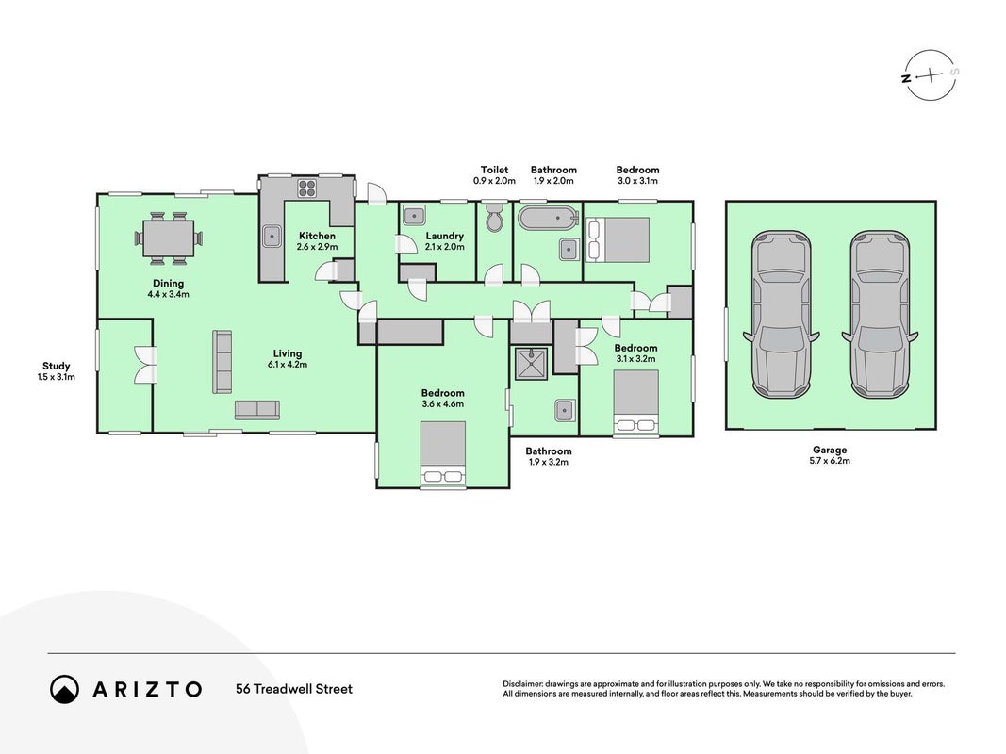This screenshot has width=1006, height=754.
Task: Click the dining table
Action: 169,238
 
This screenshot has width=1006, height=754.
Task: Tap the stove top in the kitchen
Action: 306,188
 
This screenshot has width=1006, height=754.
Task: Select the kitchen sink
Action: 272,237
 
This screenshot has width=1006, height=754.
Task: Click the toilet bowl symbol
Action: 495,218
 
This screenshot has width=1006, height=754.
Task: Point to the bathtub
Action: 547,218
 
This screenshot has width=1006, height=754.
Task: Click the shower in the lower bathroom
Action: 531,364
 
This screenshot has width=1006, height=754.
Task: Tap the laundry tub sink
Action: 414,215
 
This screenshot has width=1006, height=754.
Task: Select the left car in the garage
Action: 781,314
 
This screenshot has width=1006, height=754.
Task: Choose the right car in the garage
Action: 880,314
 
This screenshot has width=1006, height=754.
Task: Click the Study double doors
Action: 146,365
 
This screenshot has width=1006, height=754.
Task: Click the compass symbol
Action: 931,75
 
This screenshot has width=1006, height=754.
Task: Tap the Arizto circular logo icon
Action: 65,689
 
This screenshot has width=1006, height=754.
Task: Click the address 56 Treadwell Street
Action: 294,689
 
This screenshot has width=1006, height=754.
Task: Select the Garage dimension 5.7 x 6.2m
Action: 830,460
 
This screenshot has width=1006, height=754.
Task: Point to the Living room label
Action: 288,353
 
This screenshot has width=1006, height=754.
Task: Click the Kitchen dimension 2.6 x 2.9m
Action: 317,246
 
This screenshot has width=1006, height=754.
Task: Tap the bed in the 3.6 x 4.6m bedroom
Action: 443,454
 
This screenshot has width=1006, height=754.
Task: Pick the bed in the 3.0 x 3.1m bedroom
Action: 618,239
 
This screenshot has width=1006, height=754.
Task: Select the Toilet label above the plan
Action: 495,170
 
